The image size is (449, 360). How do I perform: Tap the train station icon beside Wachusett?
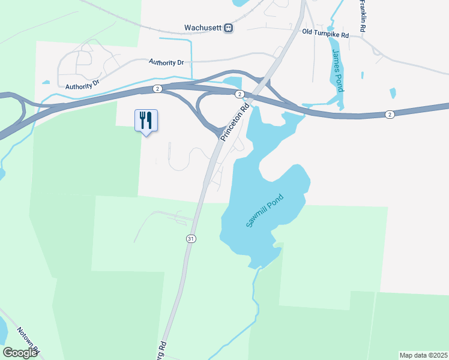228,28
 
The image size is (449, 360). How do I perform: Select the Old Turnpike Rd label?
325,35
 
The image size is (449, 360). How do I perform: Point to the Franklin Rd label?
363,16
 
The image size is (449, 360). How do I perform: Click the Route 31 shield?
191,238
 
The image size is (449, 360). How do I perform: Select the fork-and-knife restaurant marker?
145,121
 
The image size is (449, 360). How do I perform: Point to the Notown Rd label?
28,341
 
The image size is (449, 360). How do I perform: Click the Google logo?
19,353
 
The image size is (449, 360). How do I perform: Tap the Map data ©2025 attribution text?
424,355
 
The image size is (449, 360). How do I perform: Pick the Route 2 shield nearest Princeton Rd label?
239,94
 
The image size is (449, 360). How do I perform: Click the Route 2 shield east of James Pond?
390,115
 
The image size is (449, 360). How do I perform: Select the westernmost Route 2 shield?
157,89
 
